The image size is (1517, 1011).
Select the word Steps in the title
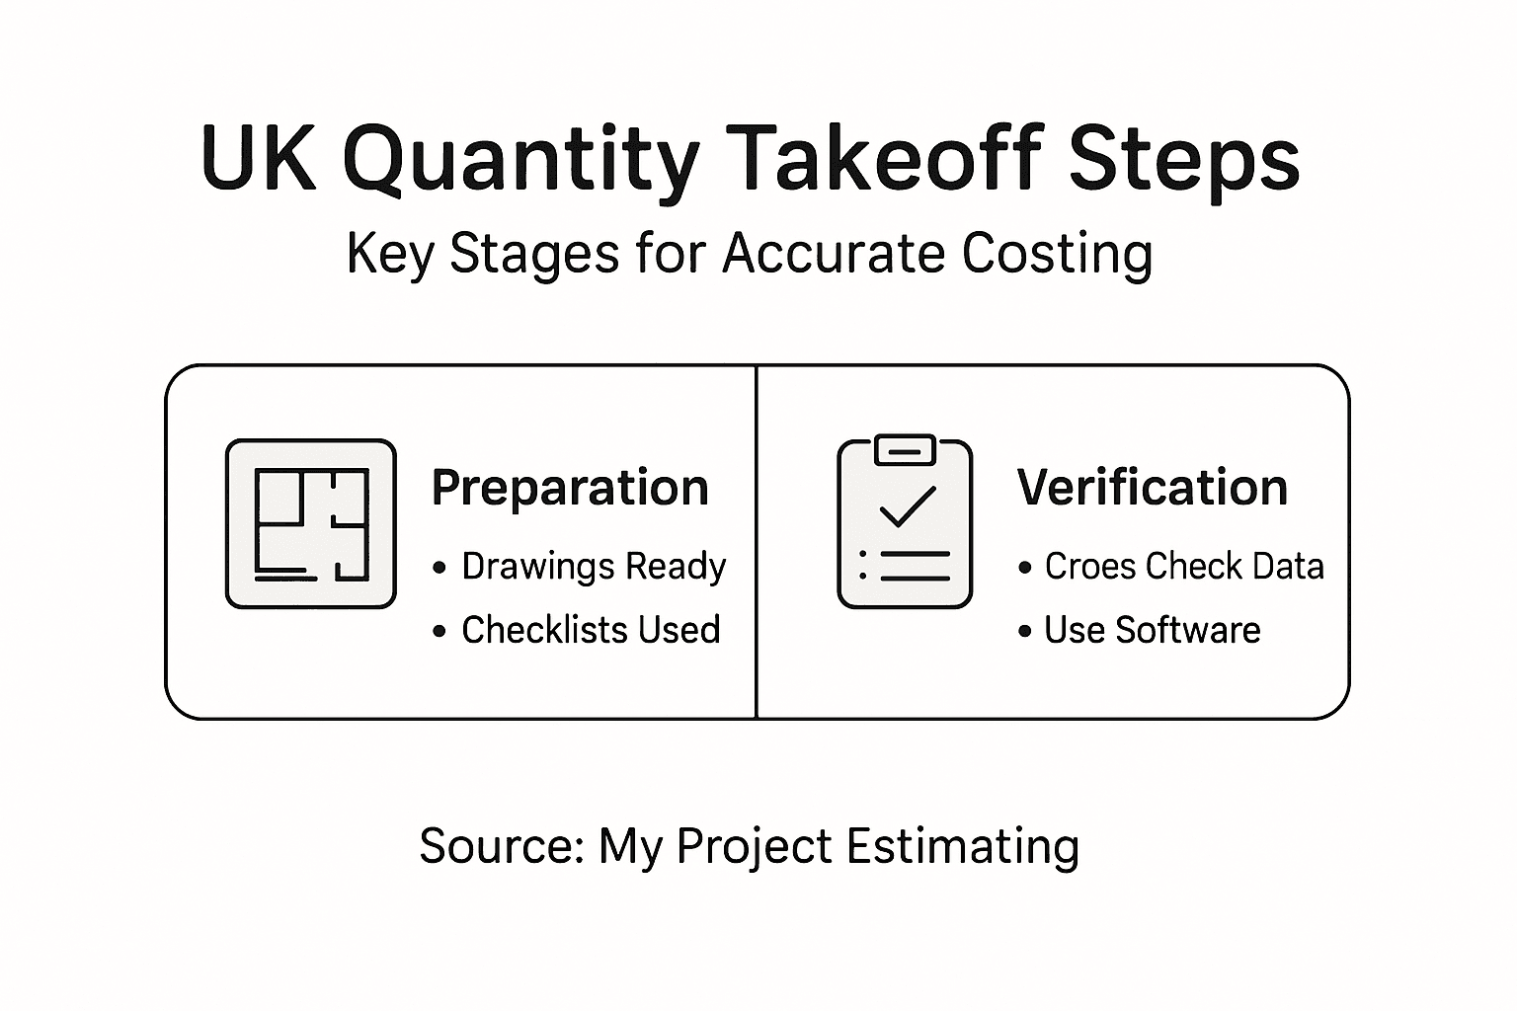[1184, 161]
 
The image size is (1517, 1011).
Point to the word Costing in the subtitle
[1056, 255]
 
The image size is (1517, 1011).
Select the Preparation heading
[570, 488]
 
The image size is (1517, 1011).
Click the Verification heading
[1153, 488]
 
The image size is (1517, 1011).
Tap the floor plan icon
[311, 523]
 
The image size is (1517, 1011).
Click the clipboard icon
[905, 523]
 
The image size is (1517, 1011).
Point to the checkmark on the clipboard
[907, 505]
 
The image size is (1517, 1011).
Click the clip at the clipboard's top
[905, 449]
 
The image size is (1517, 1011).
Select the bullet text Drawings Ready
[594, 567]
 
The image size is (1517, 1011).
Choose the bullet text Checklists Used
[591, 630]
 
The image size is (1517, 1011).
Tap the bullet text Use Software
[1152, 630]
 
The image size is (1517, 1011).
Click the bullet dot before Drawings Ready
[439, 569]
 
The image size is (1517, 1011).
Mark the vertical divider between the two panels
[757, 541]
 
